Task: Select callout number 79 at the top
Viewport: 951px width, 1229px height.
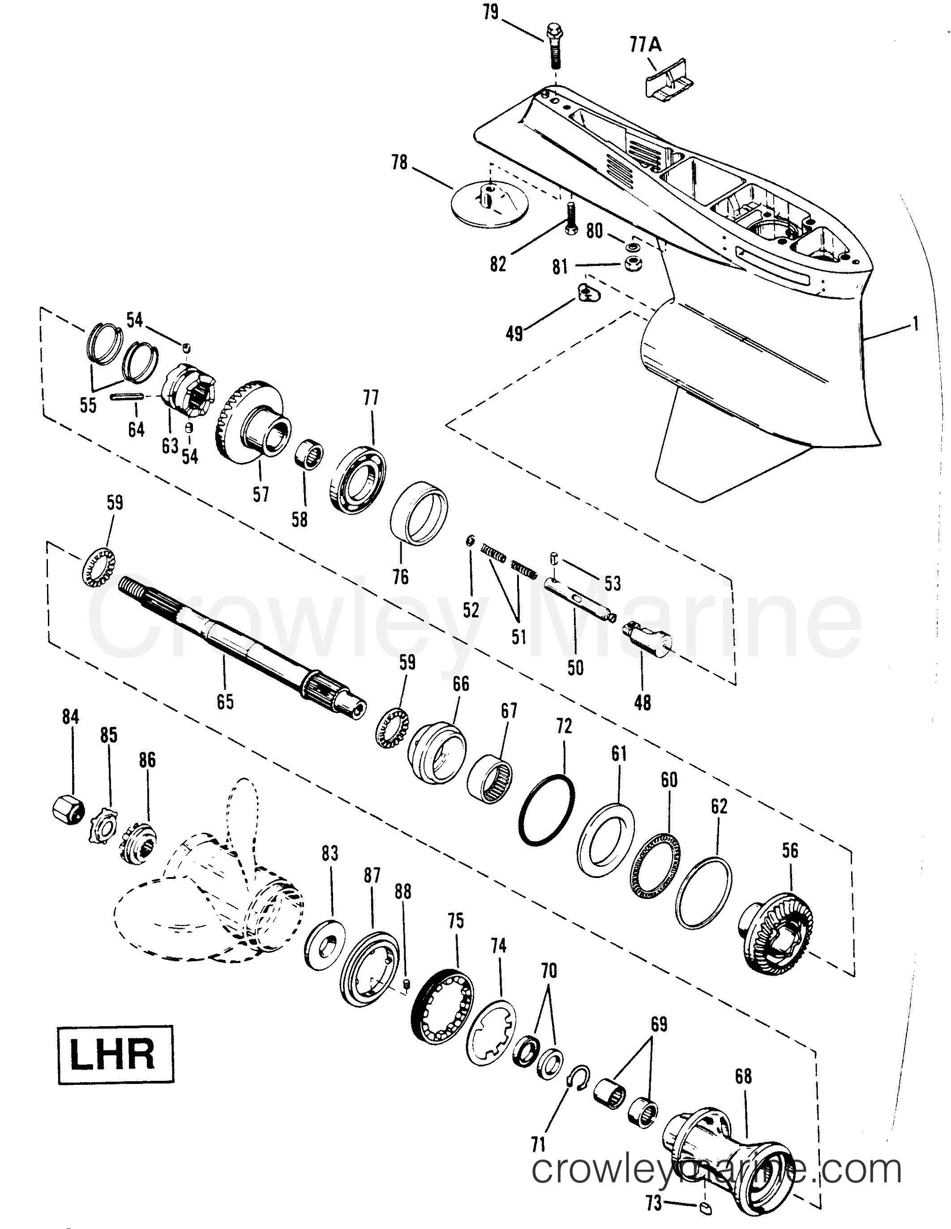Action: [491, 12]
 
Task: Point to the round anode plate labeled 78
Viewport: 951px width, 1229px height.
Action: [491, 202]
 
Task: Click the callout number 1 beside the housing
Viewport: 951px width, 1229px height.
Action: [916, 324]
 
